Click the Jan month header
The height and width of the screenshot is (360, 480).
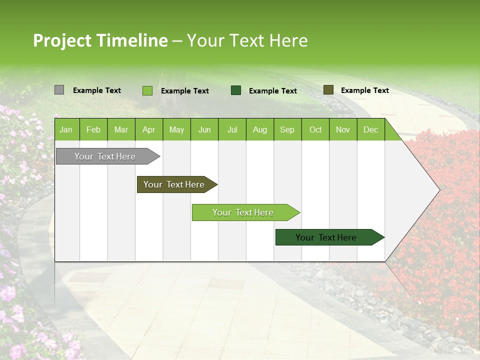(x=66, y=130)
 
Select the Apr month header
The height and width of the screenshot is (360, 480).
(x=148, y=130)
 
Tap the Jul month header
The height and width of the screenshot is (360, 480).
(x=232, y=130)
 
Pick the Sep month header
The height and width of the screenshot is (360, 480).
(x=287, y=130)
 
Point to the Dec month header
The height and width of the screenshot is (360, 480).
(x=370, y=130)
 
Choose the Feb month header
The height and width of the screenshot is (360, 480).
(x=93, y=130)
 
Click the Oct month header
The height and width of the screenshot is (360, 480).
(x=315, y=130)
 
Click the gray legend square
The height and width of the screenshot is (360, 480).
(x=59, y=90)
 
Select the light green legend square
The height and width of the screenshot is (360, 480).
(x=147, y=90)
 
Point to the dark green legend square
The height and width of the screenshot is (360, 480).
(x=236, y=90)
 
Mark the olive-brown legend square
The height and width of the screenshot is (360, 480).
(x=328, y=90)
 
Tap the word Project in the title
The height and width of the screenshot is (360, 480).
(x=62, y=40)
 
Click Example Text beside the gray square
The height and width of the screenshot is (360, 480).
(x=97, y=90)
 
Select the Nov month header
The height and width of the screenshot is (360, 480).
(x=342, y=130)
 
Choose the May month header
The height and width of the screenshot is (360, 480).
(x=176, y=130)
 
